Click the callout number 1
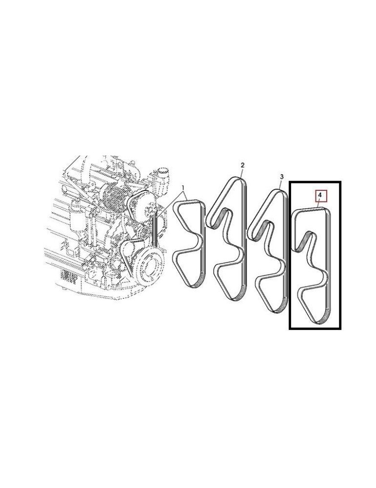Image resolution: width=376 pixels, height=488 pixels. tap(183, 187)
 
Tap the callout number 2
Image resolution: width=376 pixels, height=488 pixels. tap(242, 166)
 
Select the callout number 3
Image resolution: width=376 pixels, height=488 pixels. tap(281, 176)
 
